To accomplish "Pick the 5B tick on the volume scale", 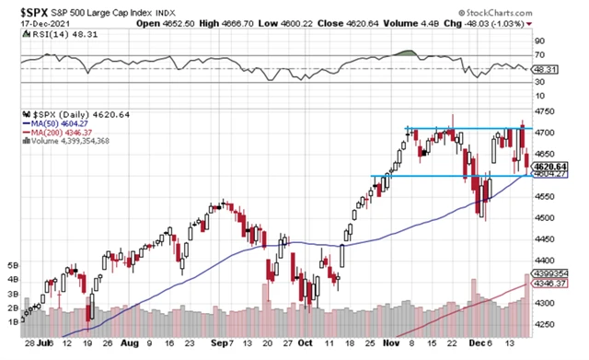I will click(12, 263).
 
